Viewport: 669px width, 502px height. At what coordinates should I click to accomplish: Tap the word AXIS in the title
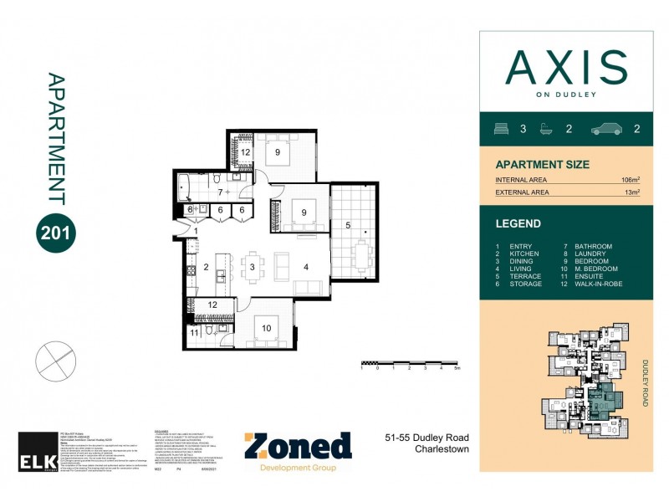[567, 68]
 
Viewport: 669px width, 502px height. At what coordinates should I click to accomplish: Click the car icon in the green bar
[609, 129]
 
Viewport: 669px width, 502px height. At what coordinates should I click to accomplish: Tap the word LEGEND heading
[518, 223]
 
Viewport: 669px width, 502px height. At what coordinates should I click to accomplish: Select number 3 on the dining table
[252, 268]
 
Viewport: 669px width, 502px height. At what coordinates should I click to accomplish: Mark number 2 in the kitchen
[205, 268]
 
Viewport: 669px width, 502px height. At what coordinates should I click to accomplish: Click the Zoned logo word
[298, 446]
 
